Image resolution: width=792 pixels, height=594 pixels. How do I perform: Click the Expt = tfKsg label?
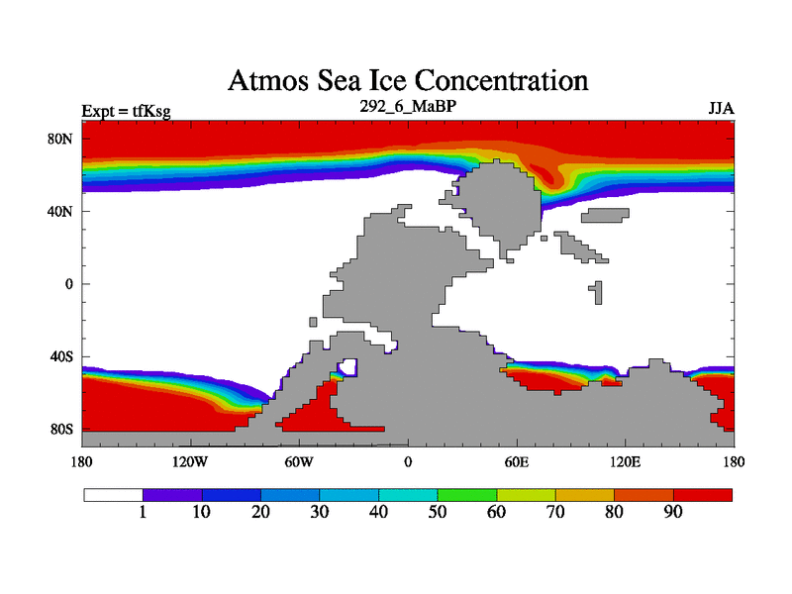[x=126, y=111]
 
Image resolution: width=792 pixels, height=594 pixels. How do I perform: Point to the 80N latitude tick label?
[x=61, y=139]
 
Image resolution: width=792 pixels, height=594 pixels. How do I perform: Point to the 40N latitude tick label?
[x=61, y=211]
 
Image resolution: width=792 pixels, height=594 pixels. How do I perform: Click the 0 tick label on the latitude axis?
[x=68, y=284]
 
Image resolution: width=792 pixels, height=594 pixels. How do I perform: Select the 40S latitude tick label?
[x=61, y=356]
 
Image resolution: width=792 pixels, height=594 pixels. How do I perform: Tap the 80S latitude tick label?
[x=61, y=430]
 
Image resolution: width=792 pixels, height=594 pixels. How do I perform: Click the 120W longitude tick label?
[x=189, y=461]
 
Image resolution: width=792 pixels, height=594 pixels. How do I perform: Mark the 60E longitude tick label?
[x=517, y=461]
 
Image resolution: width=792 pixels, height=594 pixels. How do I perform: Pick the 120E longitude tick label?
[x=625, y=461]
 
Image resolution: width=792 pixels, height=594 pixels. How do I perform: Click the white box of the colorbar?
[x=113, y=494]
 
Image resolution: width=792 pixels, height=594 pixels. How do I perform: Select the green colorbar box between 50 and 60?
[x=466, y=494]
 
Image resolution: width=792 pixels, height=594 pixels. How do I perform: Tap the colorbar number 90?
[x=673, y=512]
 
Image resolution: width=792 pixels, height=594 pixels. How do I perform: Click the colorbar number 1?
[x=143, y=512]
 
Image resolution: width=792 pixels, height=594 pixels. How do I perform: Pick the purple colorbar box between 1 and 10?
[x=172, y=494]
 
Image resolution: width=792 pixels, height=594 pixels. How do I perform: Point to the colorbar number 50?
[x=438, y=512]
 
